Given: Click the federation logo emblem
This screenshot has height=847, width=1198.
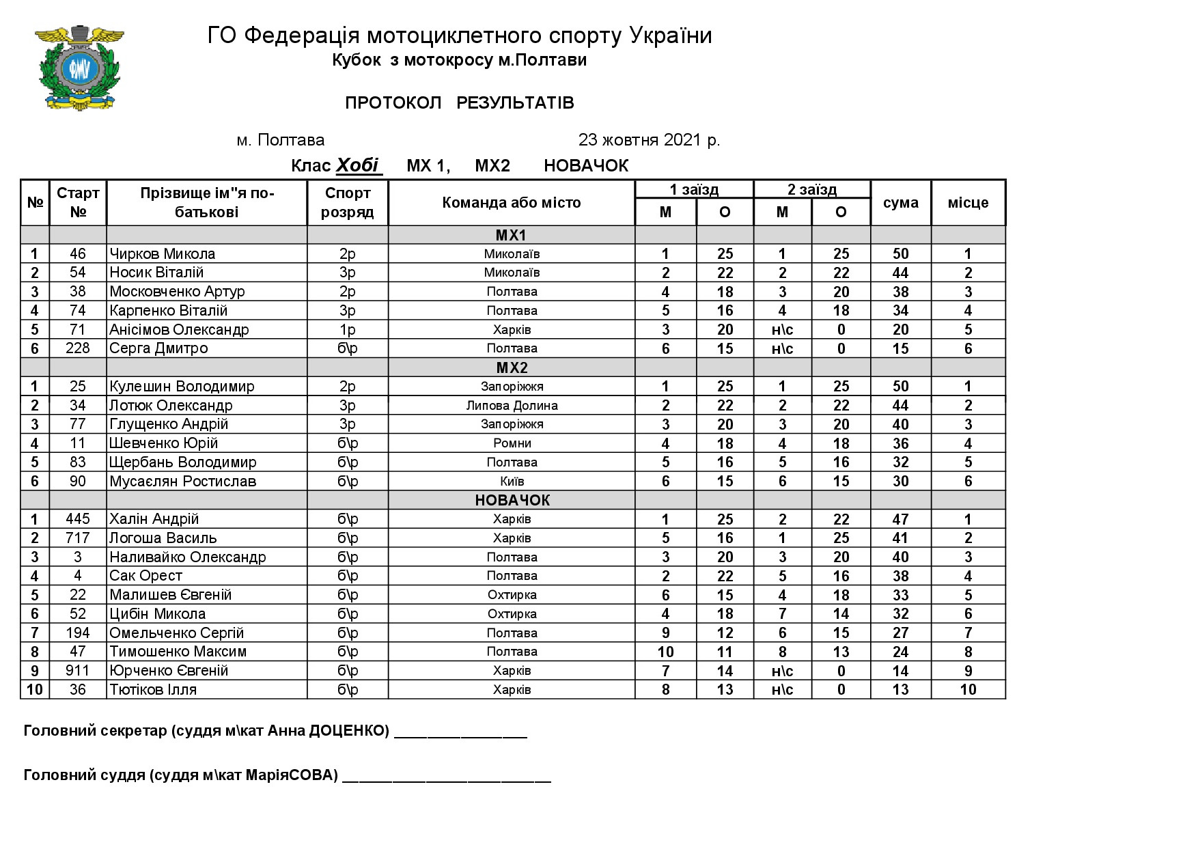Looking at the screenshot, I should coord(79,67).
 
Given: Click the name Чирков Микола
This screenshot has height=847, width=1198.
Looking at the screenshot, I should coord(163,254).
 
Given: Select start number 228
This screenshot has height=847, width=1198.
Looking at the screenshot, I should coord(78,348).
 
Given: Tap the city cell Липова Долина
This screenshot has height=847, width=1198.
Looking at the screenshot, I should coord(512,406).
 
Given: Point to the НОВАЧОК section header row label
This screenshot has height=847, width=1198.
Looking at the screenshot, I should coord(512,500).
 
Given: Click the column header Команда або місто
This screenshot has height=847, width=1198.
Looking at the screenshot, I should coord(511,203).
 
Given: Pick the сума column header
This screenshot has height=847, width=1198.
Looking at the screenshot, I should coord(900,203).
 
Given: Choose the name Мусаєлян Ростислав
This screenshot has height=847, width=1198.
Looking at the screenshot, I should coord(182,482).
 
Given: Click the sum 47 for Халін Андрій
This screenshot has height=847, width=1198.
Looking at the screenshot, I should coord(900,519).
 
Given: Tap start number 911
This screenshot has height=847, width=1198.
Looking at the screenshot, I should coord(78,671).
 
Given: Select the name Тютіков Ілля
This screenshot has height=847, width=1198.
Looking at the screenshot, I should coord(153,690).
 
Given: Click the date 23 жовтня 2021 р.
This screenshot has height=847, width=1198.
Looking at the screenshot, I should coord(649,140).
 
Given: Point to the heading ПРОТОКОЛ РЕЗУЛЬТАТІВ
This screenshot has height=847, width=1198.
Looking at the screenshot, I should coord(459,103).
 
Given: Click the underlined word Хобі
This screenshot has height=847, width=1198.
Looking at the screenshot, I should coord(357,165).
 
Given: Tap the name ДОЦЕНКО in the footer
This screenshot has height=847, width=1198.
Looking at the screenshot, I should coord(348,732).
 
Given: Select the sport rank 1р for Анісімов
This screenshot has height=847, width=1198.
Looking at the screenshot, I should coord(347,330).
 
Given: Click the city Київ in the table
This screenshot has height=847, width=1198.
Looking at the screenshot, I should coord(512,482).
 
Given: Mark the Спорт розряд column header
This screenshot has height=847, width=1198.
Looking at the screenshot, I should coord(347,203).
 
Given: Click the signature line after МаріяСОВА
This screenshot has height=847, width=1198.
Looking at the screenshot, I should coord(446,777).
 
